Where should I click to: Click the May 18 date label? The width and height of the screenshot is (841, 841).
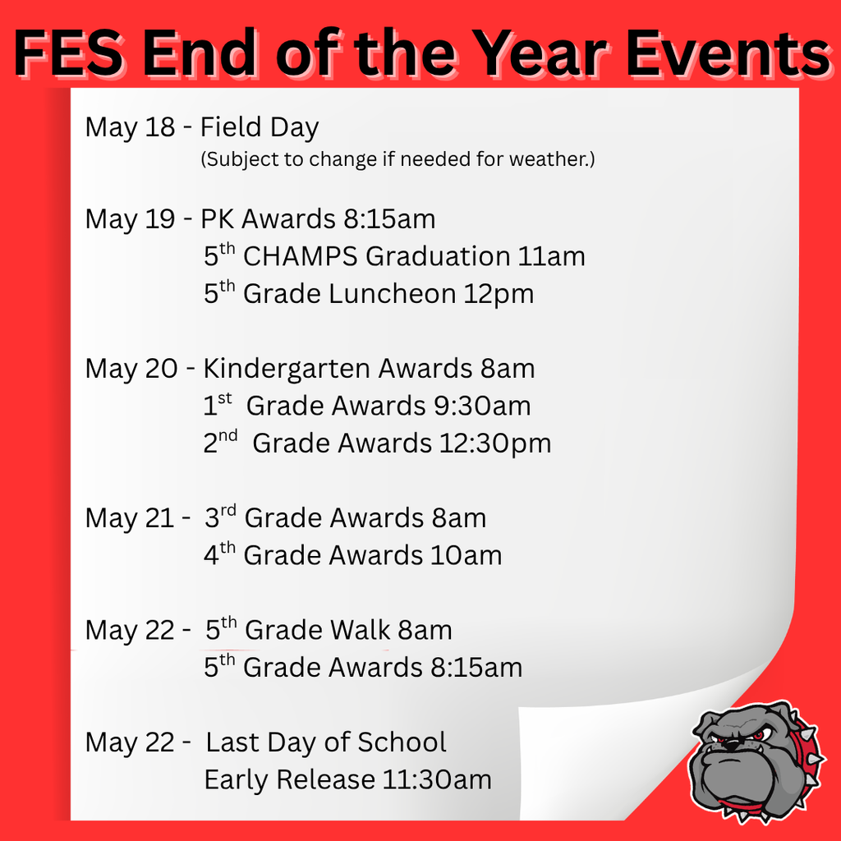pos(130,127)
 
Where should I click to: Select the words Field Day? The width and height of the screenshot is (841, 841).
pos(260,127)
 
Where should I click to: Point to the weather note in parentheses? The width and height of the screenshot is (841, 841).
pos(398,159)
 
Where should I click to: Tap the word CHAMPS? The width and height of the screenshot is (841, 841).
pos(301,256)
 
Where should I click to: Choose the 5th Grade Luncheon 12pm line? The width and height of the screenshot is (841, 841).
pos(369,293)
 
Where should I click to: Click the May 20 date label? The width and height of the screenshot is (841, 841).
pos(131,369)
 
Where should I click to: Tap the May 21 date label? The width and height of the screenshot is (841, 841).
pos(130,518)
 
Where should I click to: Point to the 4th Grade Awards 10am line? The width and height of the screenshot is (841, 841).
pos(352,555)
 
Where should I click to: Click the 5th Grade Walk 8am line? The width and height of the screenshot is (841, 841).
pos(329,630)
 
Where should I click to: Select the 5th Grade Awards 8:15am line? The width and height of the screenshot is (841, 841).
pos(363,667)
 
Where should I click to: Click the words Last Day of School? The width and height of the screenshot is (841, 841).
pos(326,742)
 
